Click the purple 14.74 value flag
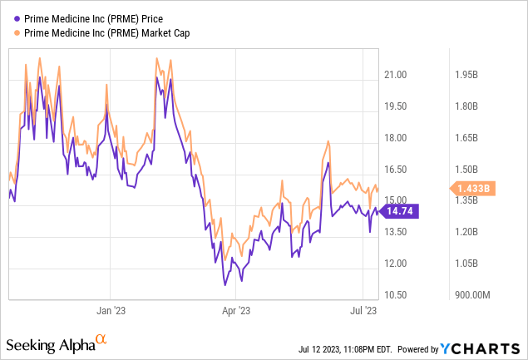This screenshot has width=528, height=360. pos(405,211)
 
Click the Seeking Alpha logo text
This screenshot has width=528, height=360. pos(50,344)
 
